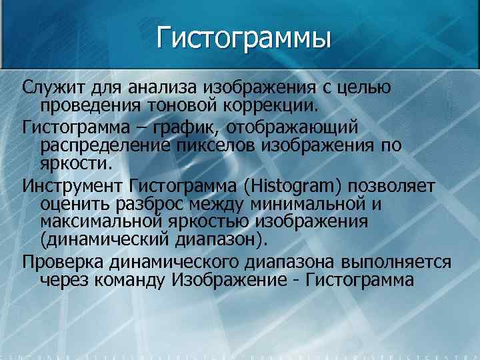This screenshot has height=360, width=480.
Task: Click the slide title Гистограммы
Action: point(244,37)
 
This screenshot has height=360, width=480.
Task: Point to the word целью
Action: point(365,87)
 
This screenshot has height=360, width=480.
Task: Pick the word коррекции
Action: point(279,105)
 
